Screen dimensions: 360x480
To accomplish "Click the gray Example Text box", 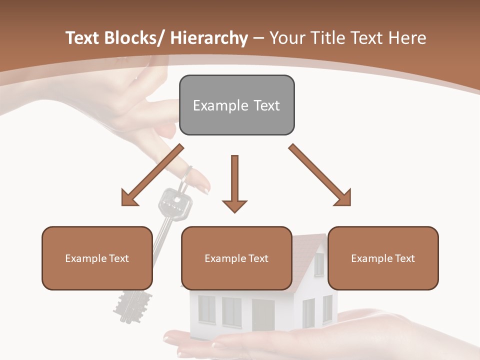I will click(236, 105).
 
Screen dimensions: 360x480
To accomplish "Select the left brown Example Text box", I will click(97, 258).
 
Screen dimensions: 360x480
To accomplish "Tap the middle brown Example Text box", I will click(236, 258).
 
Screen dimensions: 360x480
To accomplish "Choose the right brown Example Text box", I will click(383, 258).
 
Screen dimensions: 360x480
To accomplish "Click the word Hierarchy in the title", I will click(209, 38).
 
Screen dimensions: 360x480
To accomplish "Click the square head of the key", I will click(175, 203).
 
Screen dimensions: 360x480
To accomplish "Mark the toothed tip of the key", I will click(133, 305).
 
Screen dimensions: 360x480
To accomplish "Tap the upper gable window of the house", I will click(318, 264).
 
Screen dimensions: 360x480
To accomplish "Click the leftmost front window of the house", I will click(206, 308).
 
